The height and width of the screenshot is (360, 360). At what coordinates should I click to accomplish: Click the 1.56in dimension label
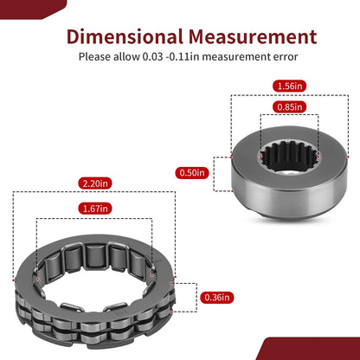289,86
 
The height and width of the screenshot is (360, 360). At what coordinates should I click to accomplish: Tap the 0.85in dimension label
289,107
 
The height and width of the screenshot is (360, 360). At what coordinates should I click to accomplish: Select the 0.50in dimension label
192,173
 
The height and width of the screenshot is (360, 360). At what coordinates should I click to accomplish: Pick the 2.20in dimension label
95,183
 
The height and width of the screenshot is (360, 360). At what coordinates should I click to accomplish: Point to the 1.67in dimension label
95,209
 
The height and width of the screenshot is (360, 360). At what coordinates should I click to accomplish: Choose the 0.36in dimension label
217,297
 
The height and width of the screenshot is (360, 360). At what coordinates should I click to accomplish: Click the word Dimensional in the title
125,36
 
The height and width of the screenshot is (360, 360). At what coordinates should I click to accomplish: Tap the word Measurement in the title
253,36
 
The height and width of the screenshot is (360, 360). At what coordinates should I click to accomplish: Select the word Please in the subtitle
94,57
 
